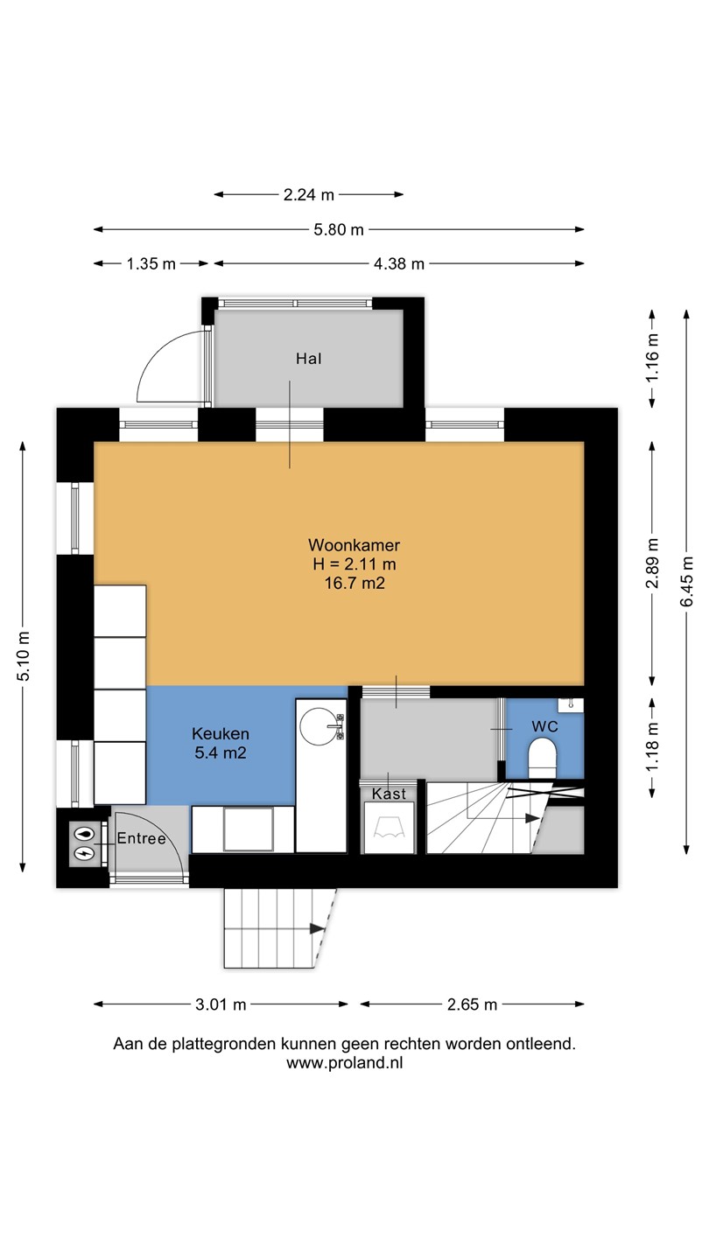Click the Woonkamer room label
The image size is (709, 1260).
click(x=354, y=544)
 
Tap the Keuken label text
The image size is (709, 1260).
click(x=220, y=733)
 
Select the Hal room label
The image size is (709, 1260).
click(x=309, y=359)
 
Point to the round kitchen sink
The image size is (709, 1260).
click(x=319, y=726)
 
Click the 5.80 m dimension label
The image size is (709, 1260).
click(x=339, y=229)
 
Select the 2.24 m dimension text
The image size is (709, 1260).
click(x=309, y=194)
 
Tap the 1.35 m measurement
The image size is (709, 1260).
click(x=151, y=264)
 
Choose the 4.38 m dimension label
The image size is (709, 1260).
click(x=399, y=264)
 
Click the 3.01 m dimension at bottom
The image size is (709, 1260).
click(x=221, y=1004)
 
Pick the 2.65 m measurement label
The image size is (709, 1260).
click(x=472, y=1004)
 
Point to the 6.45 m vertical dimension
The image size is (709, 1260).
click(x=686, y=582)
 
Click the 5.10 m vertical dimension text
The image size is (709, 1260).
click(x=23, y=656)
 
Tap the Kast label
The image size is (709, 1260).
click(x=389, y=794)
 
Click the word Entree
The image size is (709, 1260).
click(x=141, y=838)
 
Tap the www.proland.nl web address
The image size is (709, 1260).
click(x=344, y=1062)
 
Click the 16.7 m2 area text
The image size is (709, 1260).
click(x=354, y=583)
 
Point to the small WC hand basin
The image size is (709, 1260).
click(x=571, y=705)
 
